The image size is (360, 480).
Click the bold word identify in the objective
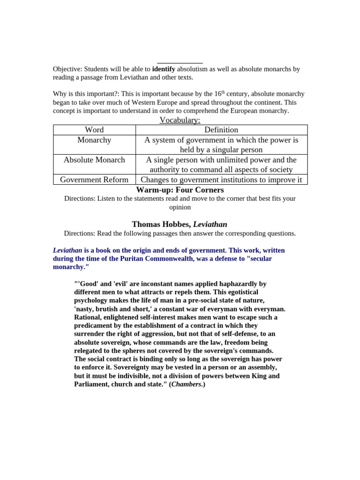tap(164, 69)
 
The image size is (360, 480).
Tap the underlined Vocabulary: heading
tap(180, 120)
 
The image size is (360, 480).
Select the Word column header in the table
tap(94, 130)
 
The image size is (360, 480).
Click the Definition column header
tap(221, 130)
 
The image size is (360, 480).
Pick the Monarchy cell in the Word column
tap(94, 140)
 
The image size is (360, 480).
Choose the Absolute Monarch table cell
tap(94, 160)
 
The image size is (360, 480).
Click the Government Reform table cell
tap(94, 180)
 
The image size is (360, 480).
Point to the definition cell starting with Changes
tap(221, 180)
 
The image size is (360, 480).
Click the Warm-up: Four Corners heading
tap(180, 190)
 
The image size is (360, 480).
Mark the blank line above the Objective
tap(180, 63)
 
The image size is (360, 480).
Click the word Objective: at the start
tap(67, 69)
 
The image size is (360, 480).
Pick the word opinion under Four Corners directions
tap(180, 207)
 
